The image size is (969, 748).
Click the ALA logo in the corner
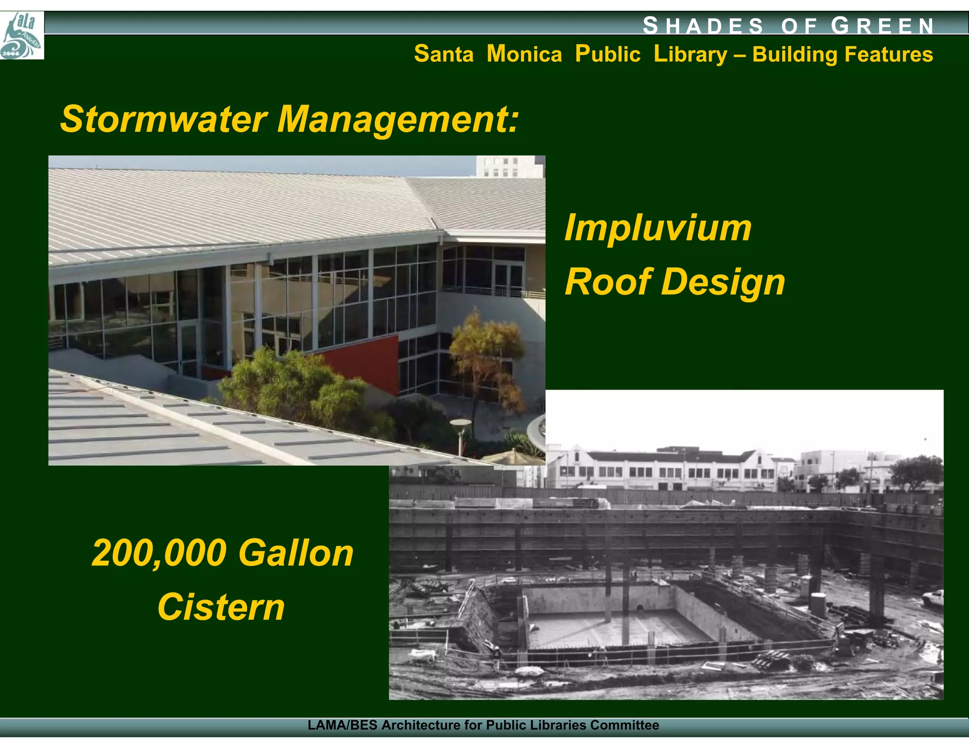point(22,36)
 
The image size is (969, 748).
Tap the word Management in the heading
point(397,119)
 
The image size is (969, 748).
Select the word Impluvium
point(658,228)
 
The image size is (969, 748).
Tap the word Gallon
point(296,553)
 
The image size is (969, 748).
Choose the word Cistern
point(221,607)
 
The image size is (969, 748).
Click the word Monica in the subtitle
point(524,54)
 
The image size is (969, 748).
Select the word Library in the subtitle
point(690,54)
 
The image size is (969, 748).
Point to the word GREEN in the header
point(882,26)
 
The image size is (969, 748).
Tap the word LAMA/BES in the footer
point(342,725)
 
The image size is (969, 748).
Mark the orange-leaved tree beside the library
point(487,350)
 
